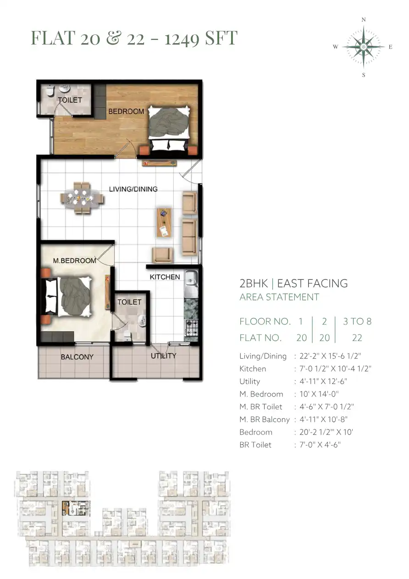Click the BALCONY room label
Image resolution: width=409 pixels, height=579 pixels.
click(x=77, y=356)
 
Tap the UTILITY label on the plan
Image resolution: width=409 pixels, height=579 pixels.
click(x=163, y=356)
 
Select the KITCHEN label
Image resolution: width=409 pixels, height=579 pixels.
click(x=165, y=277)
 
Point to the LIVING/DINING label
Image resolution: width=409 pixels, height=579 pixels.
click(x=133, y=189)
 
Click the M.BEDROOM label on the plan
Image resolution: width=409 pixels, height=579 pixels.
click(x=74, y=261)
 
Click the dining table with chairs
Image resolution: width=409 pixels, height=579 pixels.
click(x=82, y=198)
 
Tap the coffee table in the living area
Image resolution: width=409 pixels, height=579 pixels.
click(x=164, y=223)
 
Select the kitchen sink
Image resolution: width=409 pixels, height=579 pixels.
click(x=191, y=282)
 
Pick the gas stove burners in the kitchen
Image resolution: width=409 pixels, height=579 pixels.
click(x=192, y=327)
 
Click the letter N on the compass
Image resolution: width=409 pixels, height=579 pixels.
click(x=364, y=20)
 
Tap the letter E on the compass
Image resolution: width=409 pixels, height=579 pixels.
click(x=390, y=47)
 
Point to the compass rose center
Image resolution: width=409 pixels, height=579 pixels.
click(x=364, y=47)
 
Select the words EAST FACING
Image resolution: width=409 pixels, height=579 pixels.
click(x=312, y=283)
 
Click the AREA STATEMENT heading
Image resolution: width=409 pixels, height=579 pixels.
click(x=279, y=297)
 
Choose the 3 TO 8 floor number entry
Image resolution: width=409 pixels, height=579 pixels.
click(x=357, y=321)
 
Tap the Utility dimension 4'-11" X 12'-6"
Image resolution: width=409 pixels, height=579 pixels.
click(x=323, y=381)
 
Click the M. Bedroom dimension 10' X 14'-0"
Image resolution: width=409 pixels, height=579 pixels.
click(x=319, y=394)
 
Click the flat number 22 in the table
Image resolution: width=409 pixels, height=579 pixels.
click(x=357, y=338)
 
